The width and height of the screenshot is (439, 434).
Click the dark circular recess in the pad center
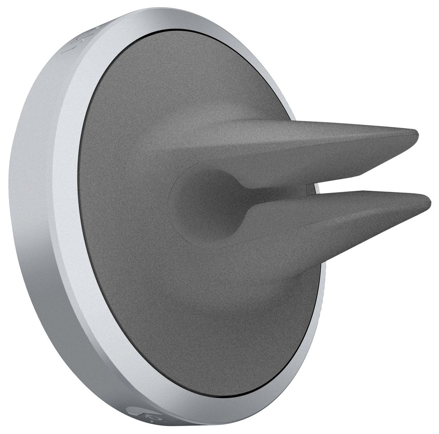(x=203, y=203)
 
